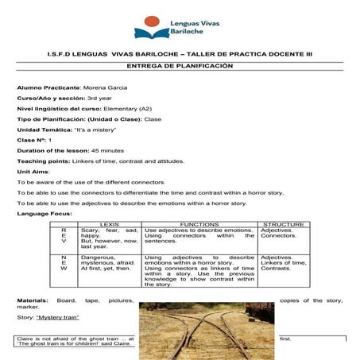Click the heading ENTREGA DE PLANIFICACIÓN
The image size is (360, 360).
click(x=179, y=66)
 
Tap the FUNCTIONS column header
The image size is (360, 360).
click(x=199, y=225)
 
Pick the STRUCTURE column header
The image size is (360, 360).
click(x=283, y=225)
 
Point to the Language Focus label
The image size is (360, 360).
click(x=44, y=214)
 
